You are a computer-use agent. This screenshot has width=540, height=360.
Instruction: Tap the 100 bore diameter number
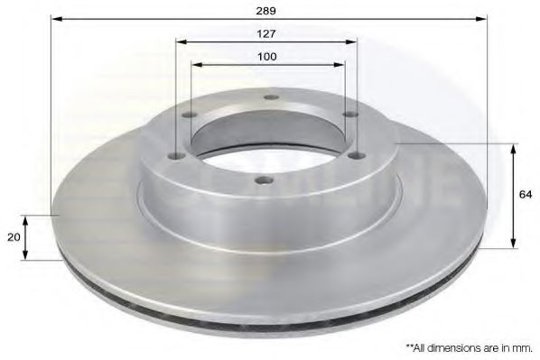(266, 56)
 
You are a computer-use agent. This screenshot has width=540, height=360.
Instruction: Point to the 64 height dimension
(525, 193)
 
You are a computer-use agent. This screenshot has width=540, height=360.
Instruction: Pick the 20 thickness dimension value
(13, 236)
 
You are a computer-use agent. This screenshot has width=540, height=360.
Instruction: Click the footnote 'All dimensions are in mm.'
(470, 346)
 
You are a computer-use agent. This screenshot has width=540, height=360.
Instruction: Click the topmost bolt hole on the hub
(268, 99)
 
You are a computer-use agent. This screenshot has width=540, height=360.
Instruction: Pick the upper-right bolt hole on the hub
(350, 114)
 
